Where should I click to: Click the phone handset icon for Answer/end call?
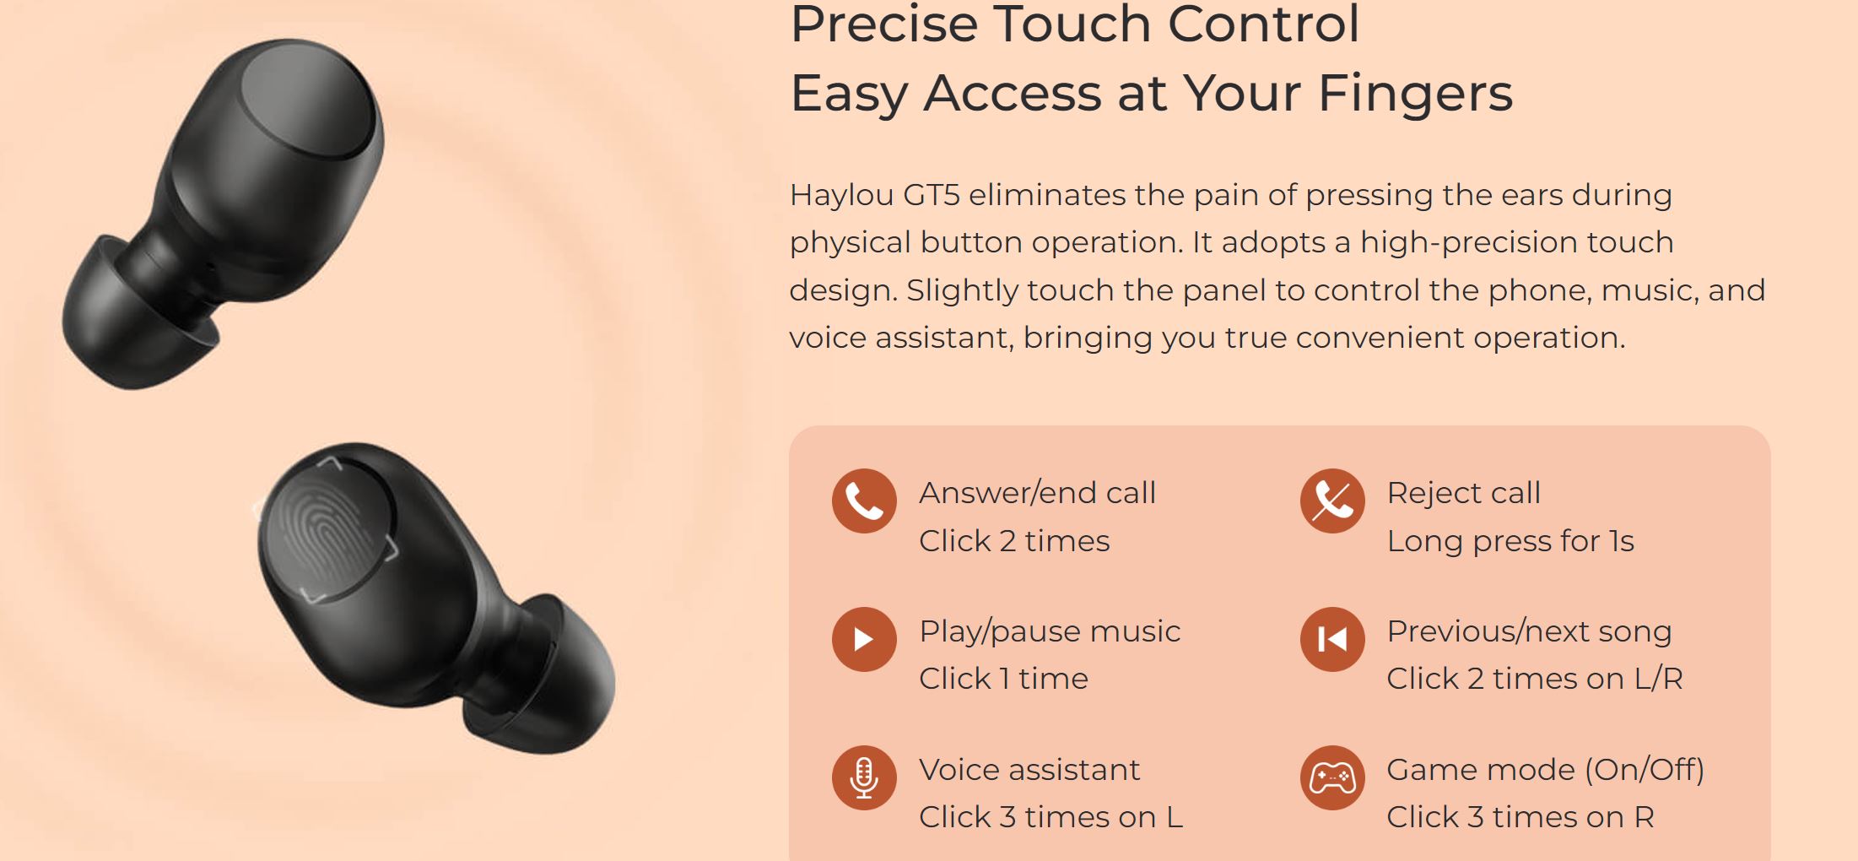coord(864,501)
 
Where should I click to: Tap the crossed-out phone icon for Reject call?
coord(1332,501)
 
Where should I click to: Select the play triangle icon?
coord(864,639)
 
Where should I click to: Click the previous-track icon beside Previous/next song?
coord(1332,639)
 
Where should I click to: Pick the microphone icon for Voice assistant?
coord(864,777)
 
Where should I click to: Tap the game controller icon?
coord(1332,777)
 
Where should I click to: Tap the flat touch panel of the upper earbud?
coord(308,101)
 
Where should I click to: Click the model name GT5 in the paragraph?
coord(932,195)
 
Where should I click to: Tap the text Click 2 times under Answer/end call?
coord(1014,540)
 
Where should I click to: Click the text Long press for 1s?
coord(1510,541)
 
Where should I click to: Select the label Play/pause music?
coord(1050,631)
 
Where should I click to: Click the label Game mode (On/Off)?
coord(1546,770)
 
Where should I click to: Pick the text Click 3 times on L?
coord(1051,817)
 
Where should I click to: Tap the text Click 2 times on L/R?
coord(1535,679)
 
